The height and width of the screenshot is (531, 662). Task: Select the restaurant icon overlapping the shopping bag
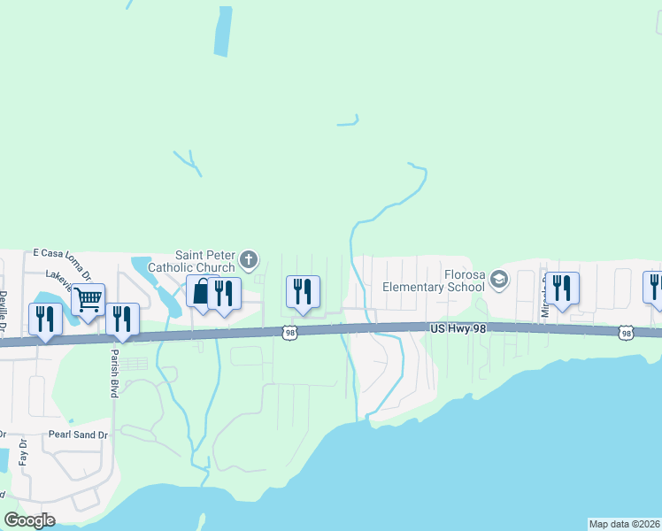tap(224, 293)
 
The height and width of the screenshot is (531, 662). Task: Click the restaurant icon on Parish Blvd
tap(122, 318)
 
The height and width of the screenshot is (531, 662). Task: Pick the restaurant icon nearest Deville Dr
tap(45, 318)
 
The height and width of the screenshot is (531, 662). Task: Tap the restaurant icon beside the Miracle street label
tap(562, 287)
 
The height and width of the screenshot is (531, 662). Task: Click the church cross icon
tap(249, 259)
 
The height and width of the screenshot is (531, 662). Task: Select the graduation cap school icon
tap(499, 279)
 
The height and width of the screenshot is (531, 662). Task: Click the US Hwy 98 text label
tap(458, 328)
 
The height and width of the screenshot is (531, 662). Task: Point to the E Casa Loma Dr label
tap(67, 253)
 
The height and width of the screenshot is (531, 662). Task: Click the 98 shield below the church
tap(289, 333)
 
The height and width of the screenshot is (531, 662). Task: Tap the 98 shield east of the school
tap(627, 332)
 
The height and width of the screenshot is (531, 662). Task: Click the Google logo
tap(30, 520)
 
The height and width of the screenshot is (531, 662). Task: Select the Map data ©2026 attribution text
tap(624, 524)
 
